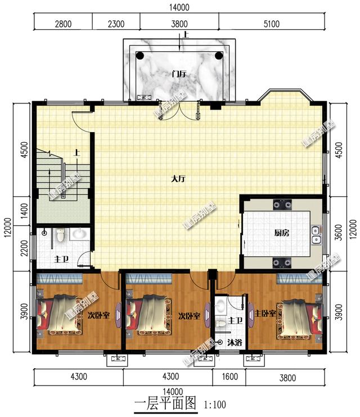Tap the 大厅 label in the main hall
tap(178, 179)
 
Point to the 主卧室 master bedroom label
tap(264, 313)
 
